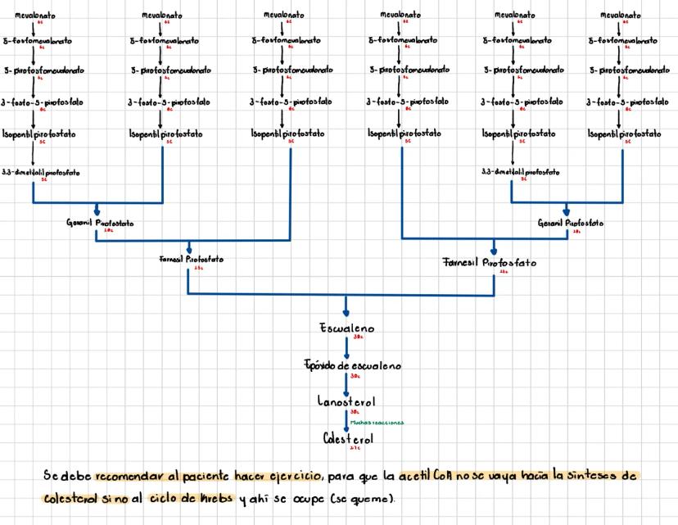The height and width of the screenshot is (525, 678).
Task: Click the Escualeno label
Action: tap(346, 328)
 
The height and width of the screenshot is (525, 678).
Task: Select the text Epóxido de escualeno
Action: tap(346, 366)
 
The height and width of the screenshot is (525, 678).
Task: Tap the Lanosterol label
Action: tap(346, 402)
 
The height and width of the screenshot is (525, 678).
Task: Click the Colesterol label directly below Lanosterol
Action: tap(347, 438)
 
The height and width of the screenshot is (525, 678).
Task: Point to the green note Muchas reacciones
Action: tap(377, 423)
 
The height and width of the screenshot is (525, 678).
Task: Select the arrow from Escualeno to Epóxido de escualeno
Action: tap(346, 347)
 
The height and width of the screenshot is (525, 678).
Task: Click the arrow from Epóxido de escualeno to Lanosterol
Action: tap(346, 384)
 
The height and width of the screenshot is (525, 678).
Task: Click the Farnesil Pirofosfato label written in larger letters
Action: tap(490, 263)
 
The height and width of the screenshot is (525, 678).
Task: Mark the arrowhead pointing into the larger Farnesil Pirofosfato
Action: tap(493, 250)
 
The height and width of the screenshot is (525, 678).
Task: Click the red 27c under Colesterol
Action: tap(355, 449)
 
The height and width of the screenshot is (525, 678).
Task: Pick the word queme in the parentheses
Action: tap(368, 499)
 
